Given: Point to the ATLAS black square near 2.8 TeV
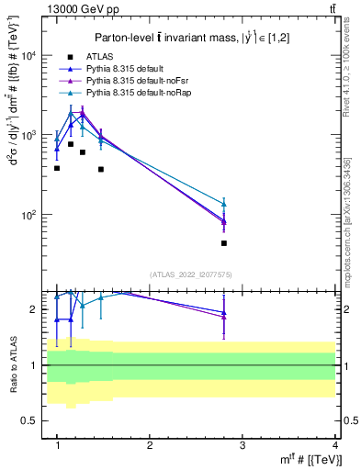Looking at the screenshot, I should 224,243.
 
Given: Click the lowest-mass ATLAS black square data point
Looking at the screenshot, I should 57,168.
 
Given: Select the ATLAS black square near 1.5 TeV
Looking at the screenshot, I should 101,169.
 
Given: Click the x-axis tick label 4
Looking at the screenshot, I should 335,444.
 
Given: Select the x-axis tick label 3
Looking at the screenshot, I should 243,444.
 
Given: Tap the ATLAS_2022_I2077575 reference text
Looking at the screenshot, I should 197,274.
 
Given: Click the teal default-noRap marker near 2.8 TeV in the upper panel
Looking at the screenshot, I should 224,204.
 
